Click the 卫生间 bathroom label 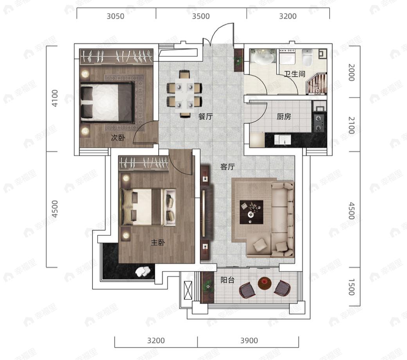[x=294, y=74]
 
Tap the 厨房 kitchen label [x=284, y=117]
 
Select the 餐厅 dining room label [x=205, y=116]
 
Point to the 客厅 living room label [x=227, y=167]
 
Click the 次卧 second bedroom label [x=118, y=138]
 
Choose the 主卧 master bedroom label [x=158, y=243]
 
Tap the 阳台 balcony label [x=228, y=280]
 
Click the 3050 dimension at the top [x=115, y=16]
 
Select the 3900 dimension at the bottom [x=249, y=340]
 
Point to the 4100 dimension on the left [x=55, y=98]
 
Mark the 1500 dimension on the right [x=351, y=287]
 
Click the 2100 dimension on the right [x=351, y=125]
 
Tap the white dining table [x=184, y=94]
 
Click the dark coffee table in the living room [x=251, y=212]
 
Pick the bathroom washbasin [x=263, y=58]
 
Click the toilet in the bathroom [x=307, y=58]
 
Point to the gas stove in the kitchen [x=319, y=123]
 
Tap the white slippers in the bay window [x=142, y=271]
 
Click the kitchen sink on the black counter [x=283, y=140]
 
